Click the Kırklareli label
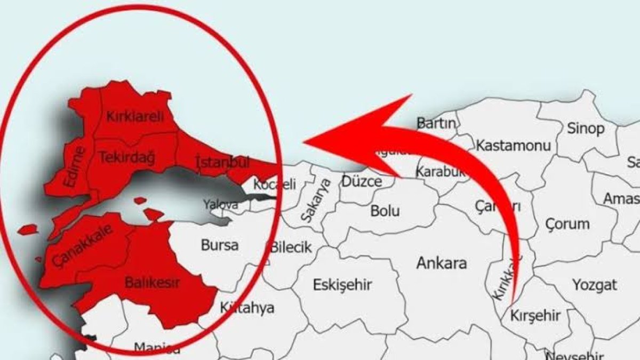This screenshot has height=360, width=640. pyautogui.click(x=134, y=116)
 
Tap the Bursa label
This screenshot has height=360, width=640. pyautogui.click(x=220, y=245)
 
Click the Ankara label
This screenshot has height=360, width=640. pyautogui.click(x=442, y=262)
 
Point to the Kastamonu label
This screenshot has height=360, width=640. pyautogui.click(x=513, y=145)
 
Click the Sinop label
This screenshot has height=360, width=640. pyautogui.click(x=586, y=129)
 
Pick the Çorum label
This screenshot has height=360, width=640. pyautogui.click(x=567, y=223)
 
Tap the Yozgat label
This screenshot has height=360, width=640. pyautogui.click(x=595, y=284)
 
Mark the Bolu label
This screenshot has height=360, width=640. pyautogui.click(x=385, y=211)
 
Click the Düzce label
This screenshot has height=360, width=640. pyautogui.click(x=362, y=182)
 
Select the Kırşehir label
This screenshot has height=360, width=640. pyautogui.click(x=535, y=316)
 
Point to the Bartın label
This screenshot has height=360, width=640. pyautogui.click(x=437, y=123)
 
